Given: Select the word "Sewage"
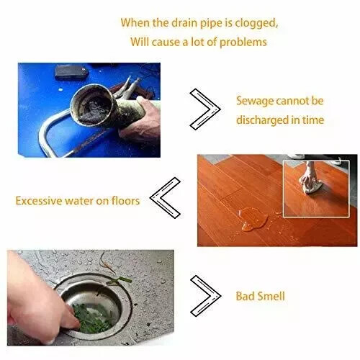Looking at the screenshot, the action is pyautogui.click(x=255, y=102).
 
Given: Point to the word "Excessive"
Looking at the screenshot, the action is pyautogui.click(x=39, y=201).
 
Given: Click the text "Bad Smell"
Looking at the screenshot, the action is pyautogui.click(x=260, y=296).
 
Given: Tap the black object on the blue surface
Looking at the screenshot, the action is pyautogui.click(x=71, y=72).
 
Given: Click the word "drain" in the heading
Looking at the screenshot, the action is pyautogui.click(x=186, y=23).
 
